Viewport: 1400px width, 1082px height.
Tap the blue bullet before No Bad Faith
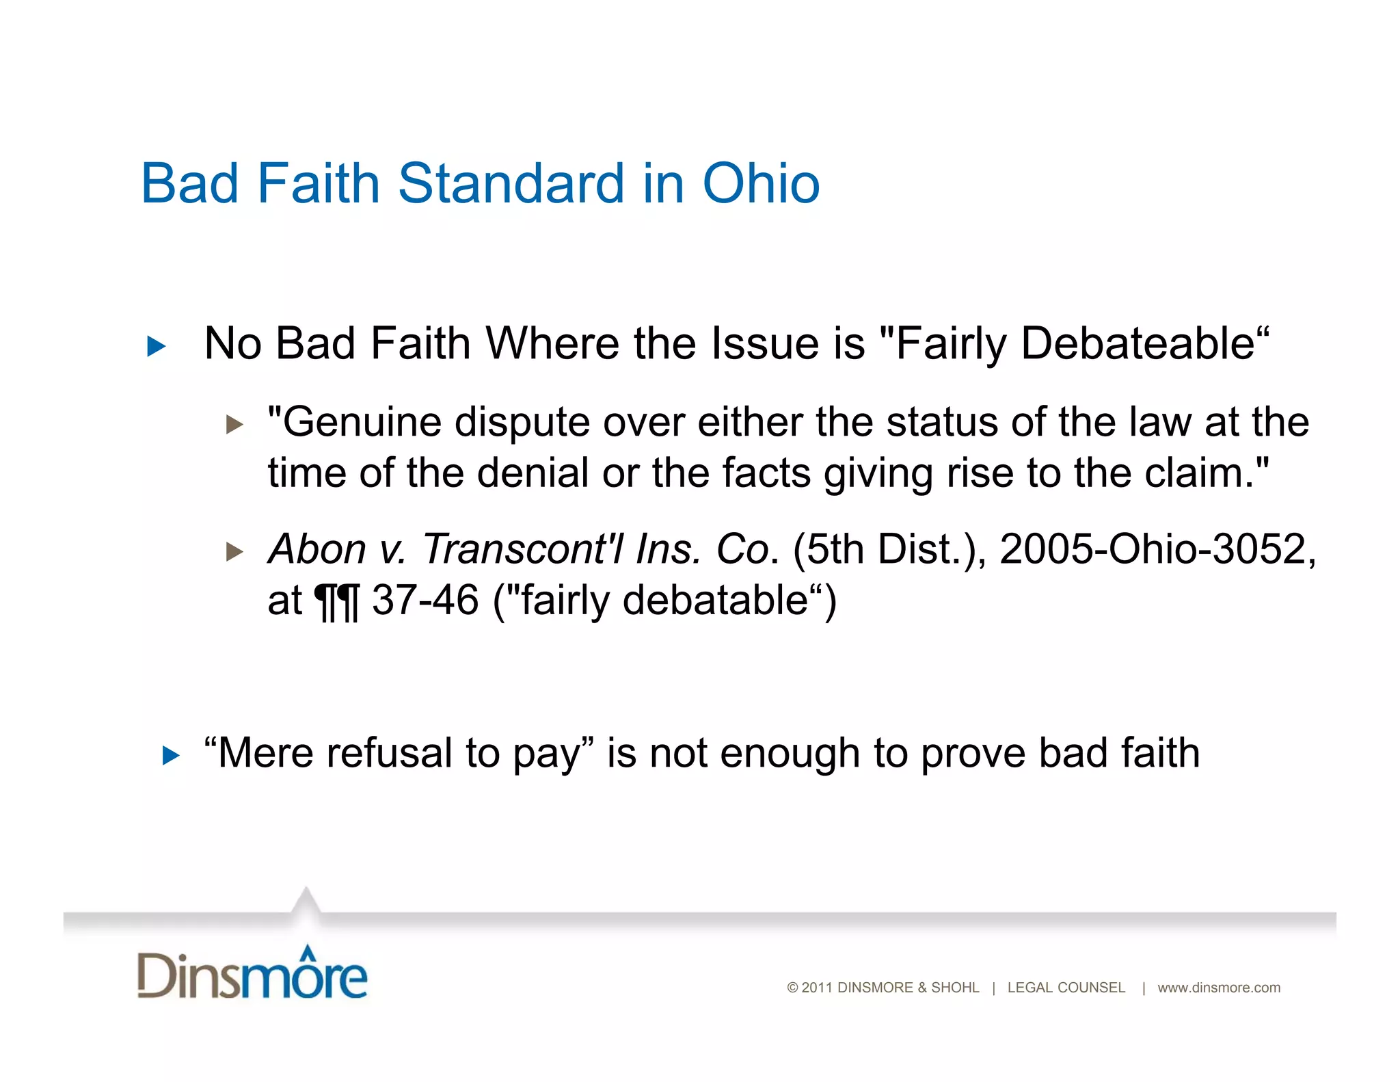point(157,346)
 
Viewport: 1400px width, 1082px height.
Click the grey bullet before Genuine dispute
point(234,425)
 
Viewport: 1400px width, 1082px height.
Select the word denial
point(533,473)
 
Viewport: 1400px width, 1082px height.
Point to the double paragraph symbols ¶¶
point(336,602)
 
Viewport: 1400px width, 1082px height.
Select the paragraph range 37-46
point(425,601)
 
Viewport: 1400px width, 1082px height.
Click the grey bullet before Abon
point(234,551)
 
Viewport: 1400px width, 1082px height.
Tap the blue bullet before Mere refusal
point(171,756)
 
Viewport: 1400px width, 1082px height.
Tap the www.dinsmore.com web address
point(1218,988)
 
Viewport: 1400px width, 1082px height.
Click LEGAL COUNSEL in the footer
point(1066,988)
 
